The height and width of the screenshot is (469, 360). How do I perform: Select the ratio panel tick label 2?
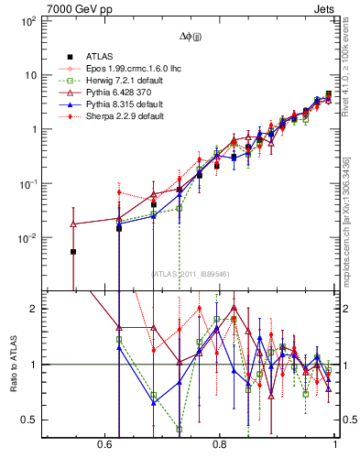click(x=33, y=309)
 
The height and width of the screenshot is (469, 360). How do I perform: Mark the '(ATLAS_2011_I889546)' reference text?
click(x=191, y=273)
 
